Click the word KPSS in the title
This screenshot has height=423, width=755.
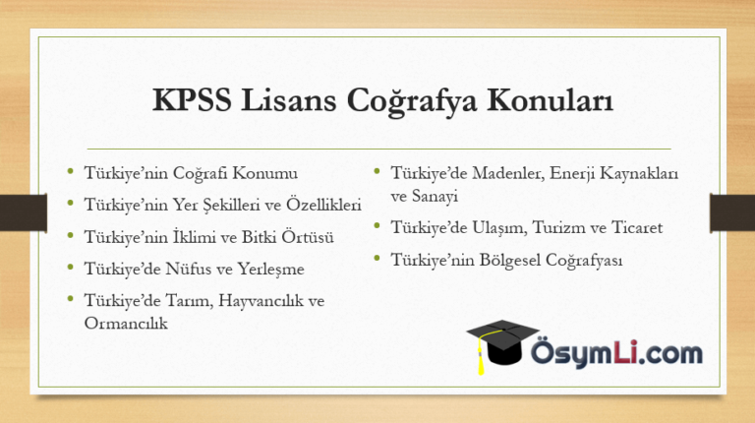tap(192, 100)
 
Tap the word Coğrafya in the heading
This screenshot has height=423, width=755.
tap(412, 101)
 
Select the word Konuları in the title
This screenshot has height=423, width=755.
tap(551, 100)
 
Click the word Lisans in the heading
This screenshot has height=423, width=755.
tap(288, 100)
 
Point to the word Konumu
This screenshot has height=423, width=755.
tap(264, 173)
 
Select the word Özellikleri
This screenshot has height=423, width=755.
tap(323, 204)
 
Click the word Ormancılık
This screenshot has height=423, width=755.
tap(126, 323)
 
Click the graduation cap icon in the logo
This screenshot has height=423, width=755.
tap(502, 343)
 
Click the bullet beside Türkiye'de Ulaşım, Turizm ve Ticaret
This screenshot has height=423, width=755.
tap(377, 225)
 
